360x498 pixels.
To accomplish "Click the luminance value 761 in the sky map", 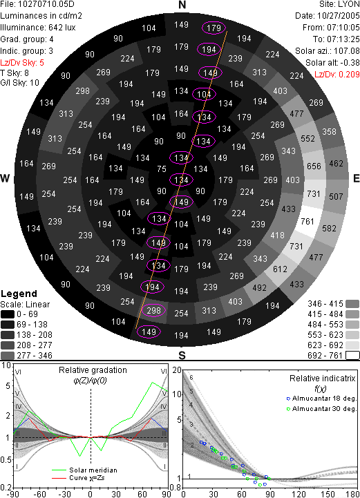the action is tap(307, 221).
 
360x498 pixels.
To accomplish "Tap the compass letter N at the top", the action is tap(182, 5).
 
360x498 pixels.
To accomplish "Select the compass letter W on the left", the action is tap(5, 178).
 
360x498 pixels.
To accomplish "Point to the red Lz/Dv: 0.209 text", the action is tap(337, 75).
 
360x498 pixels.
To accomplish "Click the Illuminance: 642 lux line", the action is tap(38, 28).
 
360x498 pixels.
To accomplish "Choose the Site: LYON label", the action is tap(340, 4).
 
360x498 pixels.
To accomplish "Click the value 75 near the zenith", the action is tap(162, 169).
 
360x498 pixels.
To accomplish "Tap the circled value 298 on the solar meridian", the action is tap(154, 310).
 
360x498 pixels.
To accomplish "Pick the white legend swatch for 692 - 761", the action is tap(352, 355).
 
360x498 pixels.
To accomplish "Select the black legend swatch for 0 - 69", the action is tap(8, 314).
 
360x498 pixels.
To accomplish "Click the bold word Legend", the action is tap(19, 294).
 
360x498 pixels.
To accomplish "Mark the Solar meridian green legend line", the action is tap(59, 470).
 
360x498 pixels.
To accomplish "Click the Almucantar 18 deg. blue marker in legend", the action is tap(288, 399).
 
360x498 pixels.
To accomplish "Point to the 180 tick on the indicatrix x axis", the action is tap(352, 494).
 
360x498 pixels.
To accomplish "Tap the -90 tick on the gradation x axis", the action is tap(12, 494).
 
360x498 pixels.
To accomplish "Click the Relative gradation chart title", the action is tap(93, 370).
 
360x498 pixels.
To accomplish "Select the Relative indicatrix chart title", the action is tap(323, 379).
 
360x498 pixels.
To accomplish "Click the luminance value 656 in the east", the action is tap(314, 166).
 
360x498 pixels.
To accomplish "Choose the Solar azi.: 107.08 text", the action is tap(328, 51).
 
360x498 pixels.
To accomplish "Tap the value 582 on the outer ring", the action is tap(329, 228).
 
